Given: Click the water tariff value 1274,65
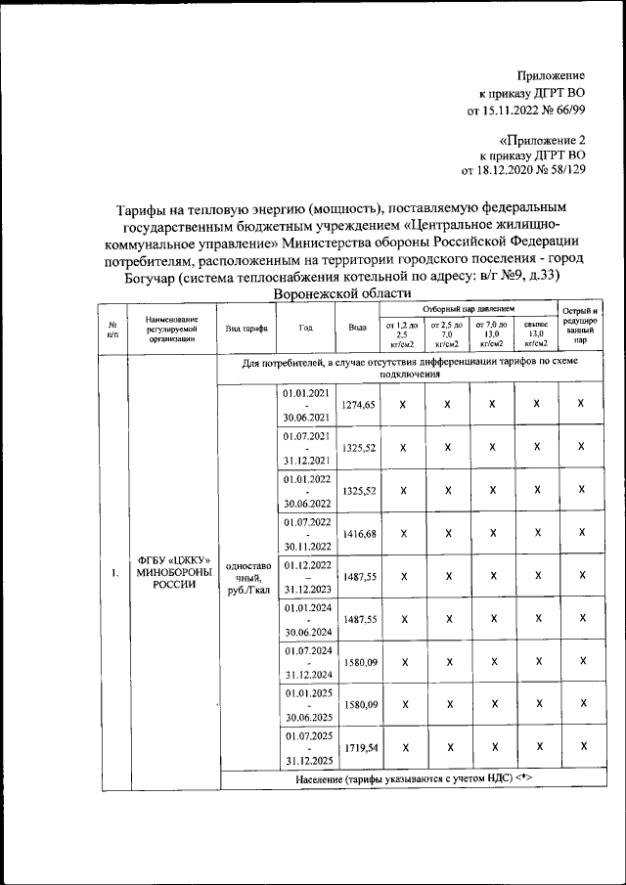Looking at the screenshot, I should [357, 404].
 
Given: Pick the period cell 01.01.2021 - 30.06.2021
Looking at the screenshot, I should [306, 404].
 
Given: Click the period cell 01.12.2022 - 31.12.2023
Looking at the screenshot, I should [306, 576].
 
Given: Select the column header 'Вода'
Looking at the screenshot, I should [357, 328].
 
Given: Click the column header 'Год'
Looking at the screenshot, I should [306, 328].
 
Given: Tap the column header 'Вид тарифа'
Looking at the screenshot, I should [246, 328].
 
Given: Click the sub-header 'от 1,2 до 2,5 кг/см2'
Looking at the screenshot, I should [402, 334].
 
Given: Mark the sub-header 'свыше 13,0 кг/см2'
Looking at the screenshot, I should [536, 334].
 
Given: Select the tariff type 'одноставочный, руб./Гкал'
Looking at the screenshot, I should [246, 576].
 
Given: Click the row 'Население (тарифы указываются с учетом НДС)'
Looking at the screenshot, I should [413, 779].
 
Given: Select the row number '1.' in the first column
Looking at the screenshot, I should [114, 571].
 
